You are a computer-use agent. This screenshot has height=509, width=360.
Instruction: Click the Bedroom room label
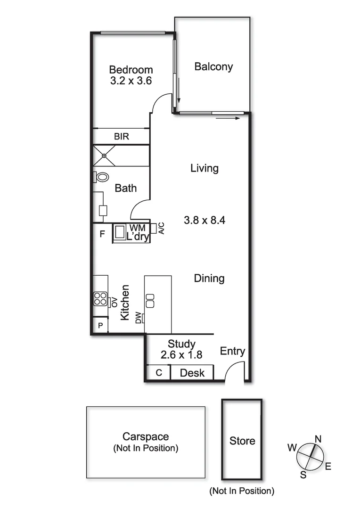click(131, 70)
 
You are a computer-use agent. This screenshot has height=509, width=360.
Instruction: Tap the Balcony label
click(213, 66)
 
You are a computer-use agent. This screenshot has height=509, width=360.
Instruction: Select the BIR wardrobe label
click(121, 137)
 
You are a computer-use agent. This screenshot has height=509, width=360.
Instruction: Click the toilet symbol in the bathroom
click(101, 177)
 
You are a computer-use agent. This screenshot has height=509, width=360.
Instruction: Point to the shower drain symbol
click(104, 156)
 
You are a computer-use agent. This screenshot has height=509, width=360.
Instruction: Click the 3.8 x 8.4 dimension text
click(205, 219)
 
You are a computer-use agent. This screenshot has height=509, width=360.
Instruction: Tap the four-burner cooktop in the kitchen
click(100, 298)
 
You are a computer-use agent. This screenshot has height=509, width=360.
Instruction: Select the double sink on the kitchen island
click(150, 300)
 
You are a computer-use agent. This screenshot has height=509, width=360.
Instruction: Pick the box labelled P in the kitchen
click(100, 326)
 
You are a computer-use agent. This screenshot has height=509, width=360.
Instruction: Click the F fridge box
click(101, 233)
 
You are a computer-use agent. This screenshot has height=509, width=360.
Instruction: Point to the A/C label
click(161, 229)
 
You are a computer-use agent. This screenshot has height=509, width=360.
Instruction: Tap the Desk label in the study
click(192, 373)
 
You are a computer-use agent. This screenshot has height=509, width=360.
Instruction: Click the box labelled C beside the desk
click(159, 372)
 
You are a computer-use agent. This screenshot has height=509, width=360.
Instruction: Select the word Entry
click(233, 351)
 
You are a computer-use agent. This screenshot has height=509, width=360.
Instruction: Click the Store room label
click(242, 441)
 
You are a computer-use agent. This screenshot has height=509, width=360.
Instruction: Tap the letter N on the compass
click(318, 439)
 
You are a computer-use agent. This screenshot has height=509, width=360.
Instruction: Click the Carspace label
click(146, 436)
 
